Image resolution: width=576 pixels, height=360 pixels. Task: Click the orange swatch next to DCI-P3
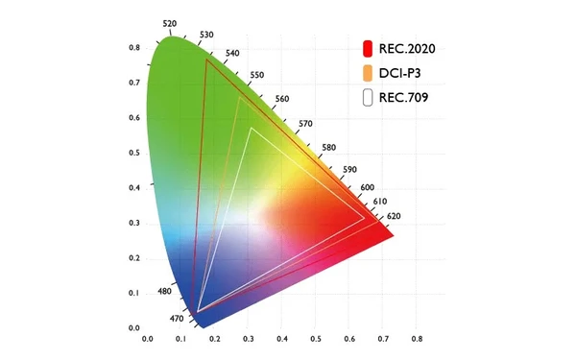pos(368,74)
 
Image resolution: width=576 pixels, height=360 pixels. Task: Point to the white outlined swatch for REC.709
pos(368,98)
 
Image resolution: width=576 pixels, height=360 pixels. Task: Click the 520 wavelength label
pos(170,24)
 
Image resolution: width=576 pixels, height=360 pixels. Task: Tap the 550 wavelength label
pos(256,75)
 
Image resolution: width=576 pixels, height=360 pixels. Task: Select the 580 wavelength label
pos(329,147)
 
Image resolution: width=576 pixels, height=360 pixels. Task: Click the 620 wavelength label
pos(395,216)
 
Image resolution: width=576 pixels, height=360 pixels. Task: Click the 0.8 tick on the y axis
pos(135,47)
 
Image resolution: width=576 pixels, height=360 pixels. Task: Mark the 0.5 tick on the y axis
pos(135,153)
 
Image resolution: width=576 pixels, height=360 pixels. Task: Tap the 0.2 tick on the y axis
pos(135,258)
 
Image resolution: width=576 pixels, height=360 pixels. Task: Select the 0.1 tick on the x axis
pos(180,339)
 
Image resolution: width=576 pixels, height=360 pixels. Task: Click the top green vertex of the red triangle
pos(206,60)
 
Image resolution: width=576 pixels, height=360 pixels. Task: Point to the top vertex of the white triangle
pos(251,128)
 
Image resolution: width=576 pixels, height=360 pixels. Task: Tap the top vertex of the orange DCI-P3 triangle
pos(238,97)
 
